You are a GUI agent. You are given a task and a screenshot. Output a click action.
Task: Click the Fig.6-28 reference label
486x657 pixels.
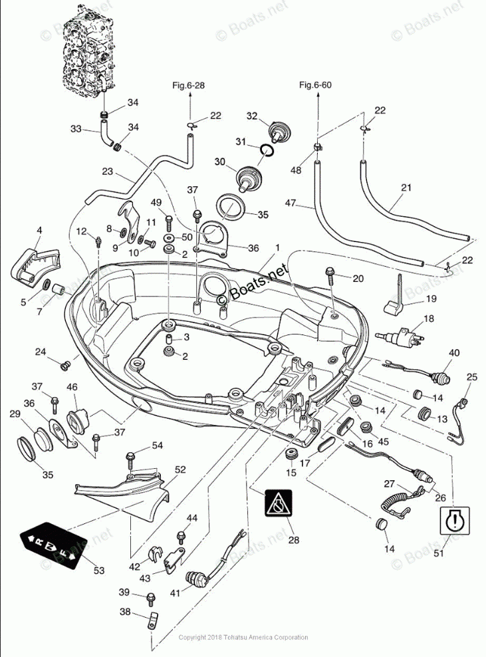pyautogui.click(x=188, y=84)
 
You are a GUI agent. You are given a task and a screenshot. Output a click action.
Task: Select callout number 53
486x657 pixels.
pyautogui.click(x=98, y=571)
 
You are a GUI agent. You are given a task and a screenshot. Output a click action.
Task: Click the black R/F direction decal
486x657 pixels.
pyautogui.click(x=53, y=544)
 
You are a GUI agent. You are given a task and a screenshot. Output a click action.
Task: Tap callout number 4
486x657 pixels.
pyautogui.click(x=39, y=230)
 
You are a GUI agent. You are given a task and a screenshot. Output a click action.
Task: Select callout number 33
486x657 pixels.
pyautogui.click(x=76, y=128)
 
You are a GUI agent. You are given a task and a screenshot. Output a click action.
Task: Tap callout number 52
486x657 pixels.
pyautogui.click(x=180, y=469)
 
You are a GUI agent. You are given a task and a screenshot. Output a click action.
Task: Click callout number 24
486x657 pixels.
pyautogui.click(x=41, y=351)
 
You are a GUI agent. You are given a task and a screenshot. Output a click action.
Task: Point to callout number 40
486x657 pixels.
pyautogui.click(x=454, y=352)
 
